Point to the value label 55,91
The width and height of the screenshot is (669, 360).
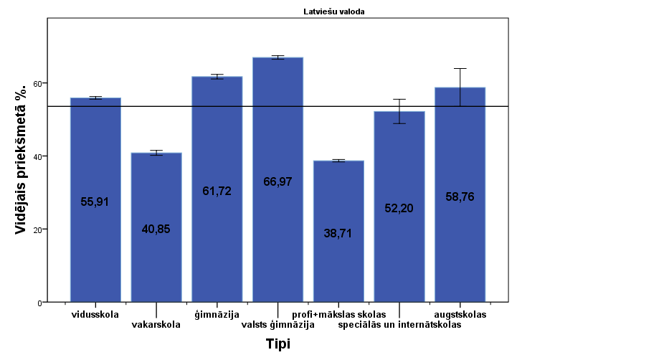pyautogui.click(x=95, y=202)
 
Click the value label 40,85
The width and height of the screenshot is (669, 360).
pyautogui.click(x=156, y=229)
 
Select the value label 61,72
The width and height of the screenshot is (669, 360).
pyautogui.click(x=217, y=191)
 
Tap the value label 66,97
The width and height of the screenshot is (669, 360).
pyautogui.click(x=277, y=182)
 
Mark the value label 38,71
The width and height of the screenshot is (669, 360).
pyautogui.click(x=338, y=233)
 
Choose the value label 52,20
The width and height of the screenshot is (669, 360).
pyautogui.click(x=399, y=208)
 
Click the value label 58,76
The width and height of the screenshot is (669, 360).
pyautogui.click(x=460, y=196)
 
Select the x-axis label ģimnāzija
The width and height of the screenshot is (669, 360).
pyautogui.click(x=217, y=314)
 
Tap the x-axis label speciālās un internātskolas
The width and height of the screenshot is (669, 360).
pyautogui.click(x=400, y=324)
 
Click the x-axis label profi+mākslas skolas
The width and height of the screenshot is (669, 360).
pyautogui.click(x=339, y=314)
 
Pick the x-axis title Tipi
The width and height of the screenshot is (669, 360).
pyautogui.click(x=277, y=344)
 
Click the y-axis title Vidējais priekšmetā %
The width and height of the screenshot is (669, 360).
pyautogui.click(x=23, y=158)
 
